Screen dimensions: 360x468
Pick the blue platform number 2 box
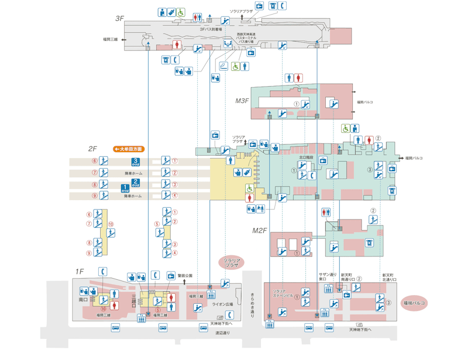[x=136, y=182]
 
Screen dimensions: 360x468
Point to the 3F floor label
[x=119, y=19]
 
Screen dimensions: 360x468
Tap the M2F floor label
[x=260, y=230]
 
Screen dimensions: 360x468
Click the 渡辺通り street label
[x=222, y=333]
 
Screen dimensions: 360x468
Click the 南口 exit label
[x=82, y=300]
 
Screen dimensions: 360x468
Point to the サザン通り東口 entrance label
[x=326, y=277]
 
